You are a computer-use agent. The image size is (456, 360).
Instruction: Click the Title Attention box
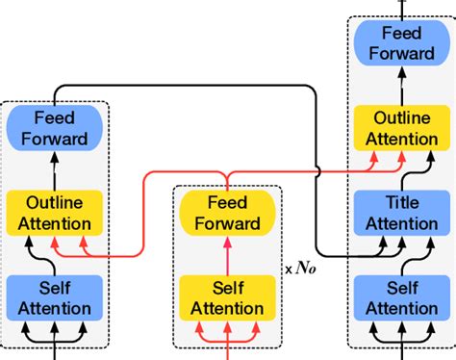coord(397,213)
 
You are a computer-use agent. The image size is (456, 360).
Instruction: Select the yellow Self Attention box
coord(227,297)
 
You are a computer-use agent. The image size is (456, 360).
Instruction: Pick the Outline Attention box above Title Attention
coord(397,128)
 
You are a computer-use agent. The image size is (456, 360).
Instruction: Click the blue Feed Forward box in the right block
coord(397,44)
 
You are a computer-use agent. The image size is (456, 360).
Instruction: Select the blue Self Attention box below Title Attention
coord(397,297)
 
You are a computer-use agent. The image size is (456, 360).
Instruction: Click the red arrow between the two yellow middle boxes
coord(227,256)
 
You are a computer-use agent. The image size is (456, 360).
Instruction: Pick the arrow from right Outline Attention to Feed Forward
coord(397,87)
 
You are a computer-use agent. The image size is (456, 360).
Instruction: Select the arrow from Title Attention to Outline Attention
coord(397,171)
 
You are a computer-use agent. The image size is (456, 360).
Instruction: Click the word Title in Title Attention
coord(397,203)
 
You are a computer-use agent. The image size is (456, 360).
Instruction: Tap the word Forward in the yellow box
coord(227,224)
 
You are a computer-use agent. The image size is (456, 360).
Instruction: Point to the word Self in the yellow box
coord(227,287)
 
